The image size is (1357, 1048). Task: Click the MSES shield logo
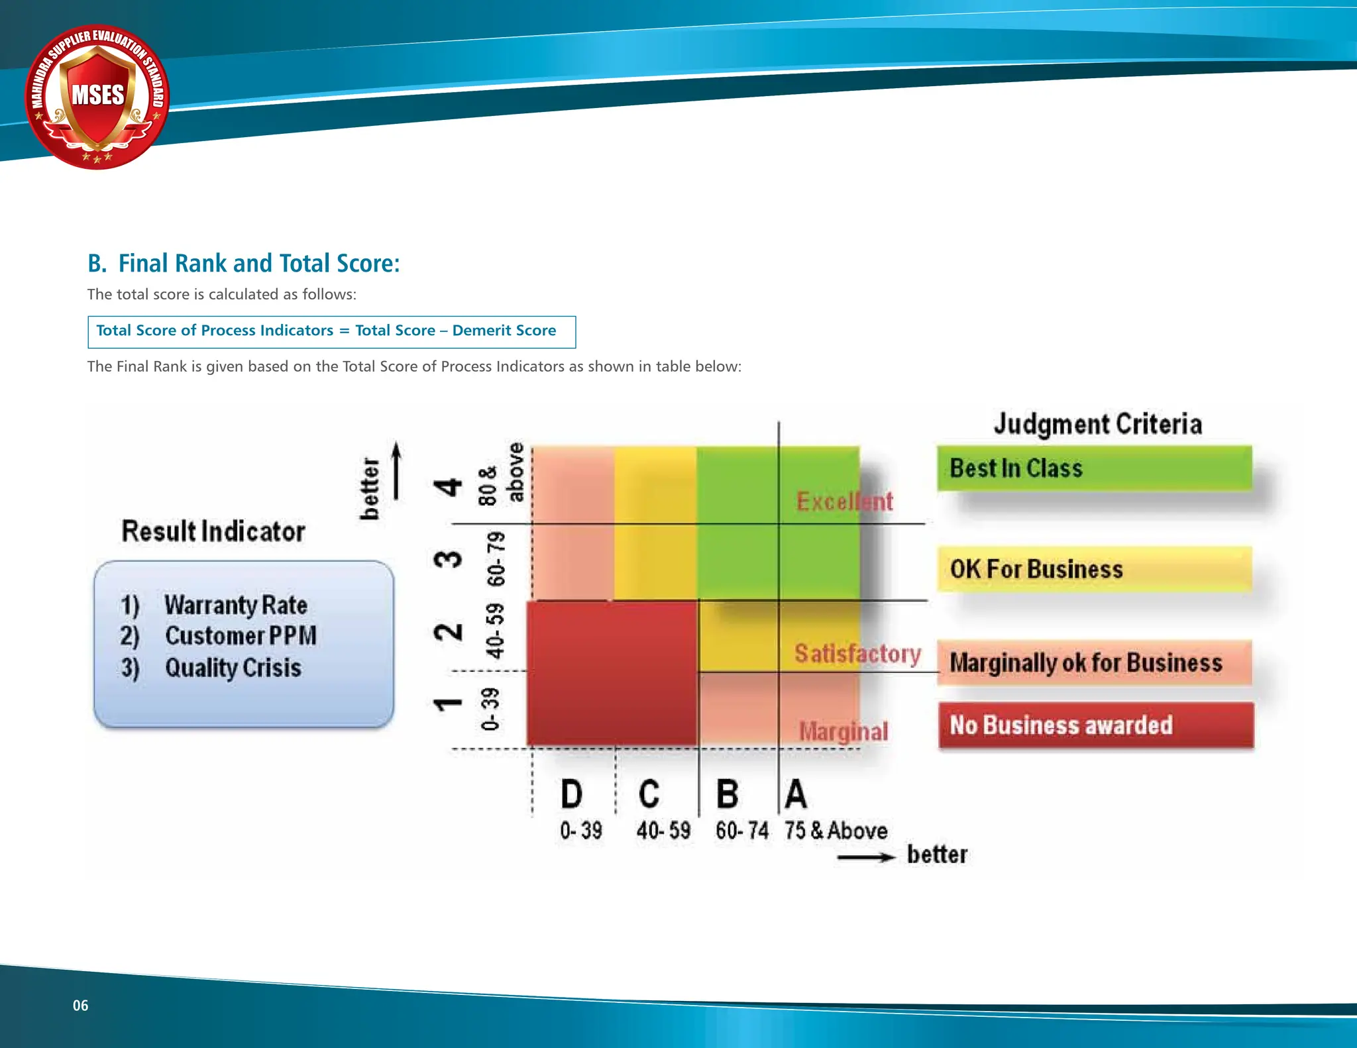97,97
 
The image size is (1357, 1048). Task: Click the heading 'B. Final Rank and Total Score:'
243,264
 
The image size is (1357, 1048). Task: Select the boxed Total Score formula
331,331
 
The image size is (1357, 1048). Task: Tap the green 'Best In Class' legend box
1094,468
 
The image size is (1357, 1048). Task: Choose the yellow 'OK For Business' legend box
1094,569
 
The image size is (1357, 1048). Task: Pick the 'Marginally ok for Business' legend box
1094,662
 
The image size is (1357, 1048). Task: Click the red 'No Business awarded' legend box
1096,725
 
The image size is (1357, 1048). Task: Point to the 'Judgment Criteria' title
1097,424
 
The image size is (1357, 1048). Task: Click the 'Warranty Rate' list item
236,605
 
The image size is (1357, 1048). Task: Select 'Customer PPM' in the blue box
241,636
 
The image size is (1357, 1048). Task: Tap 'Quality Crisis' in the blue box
233,668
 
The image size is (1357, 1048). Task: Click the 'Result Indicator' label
213,531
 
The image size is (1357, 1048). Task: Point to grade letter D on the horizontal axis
572,794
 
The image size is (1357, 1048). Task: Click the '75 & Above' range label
836,831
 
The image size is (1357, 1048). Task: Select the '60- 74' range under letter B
741,831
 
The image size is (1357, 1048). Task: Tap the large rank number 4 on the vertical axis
449,487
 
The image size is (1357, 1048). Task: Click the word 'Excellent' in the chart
844,501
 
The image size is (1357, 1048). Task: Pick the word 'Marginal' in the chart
843,732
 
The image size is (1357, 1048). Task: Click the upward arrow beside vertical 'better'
396,470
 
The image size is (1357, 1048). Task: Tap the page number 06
80,1006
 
